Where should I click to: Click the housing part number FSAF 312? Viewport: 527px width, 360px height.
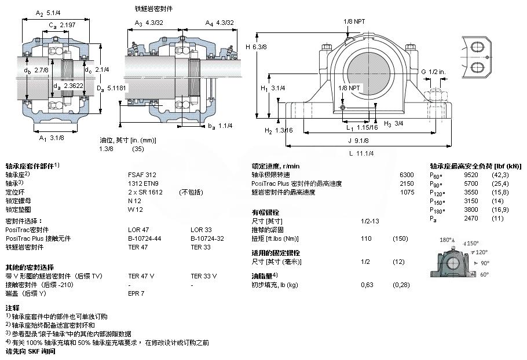pos(141,174)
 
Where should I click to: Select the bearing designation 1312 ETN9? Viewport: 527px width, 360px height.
pos(143,183)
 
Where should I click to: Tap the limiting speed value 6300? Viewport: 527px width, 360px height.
pos(407,174)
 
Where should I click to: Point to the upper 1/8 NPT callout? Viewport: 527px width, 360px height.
pos(353,21)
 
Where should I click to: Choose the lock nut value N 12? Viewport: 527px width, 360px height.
pos(134,200)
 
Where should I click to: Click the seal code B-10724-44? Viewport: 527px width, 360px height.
pos(144,238)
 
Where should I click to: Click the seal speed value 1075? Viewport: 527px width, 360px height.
pos(407,192)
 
